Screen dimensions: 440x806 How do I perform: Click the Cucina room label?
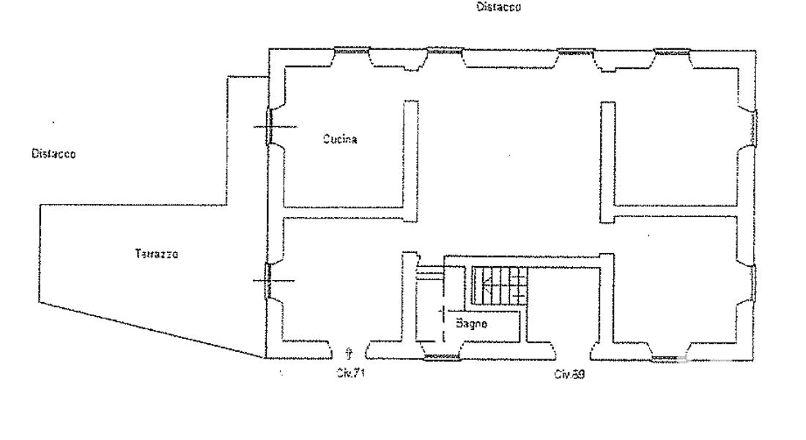tap(340, 139)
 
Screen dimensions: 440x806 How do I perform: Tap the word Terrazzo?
tap(157, 254)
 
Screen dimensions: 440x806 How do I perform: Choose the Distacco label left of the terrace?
tap(53, 154)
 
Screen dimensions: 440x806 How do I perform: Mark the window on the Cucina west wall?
tap(269, 126)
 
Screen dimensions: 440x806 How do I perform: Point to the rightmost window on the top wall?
tap(673, 52)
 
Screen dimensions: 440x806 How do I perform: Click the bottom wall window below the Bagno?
tap(442, 357)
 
